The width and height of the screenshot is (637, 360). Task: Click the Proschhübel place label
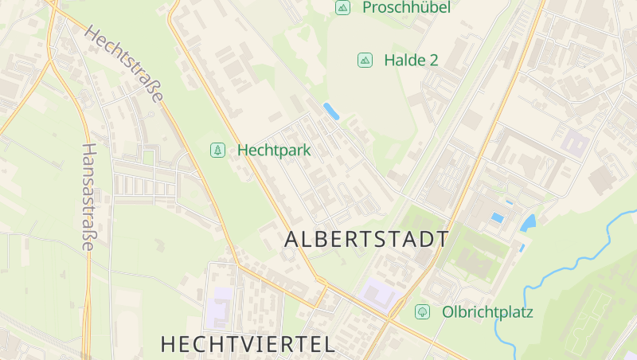pyautogui.click(x=406, y=8)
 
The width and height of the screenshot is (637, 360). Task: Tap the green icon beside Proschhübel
pyautogui.click(x=342, y=8)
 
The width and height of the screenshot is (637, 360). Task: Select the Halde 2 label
pyautogui.click(x=411, y=60)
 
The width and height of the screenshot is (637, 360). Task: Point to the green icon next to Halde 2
pyautogui.click(x=365, y=60)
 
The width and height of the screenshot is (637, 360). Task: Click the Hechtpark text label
pyautogui.click(x=274, y=150)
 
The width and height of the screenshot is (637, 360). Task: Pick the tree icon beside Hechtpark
pyautogui.click(x=217, y=150)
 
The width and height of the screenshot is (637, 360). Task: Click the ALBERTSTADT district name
pyautogui.click(x=366, y=239)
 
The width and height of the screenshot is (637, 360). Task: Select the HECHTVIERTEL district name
pyautogui.click(x=247, y=344)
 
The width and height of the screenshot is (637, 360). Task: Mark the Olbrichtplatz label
pyautogui.click(x=487, y=311)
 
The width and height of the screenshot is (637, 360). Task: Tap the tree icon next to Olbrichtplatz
pyautogui.click(x=422, y=311)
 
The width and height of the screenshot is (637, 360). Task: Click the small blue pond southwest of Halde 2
pyautogui.click(x=331, y=112)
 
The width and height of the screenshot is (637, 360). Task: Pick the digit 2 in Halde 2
pyautogui.click(x=433, y=60)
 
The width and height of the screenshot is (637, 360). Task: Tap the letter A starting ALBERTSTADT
pyautogui.click(x=292, y=239)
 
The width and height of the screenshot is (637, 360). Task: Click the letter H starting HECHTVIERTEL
pyautogui.click(x=169, y=344)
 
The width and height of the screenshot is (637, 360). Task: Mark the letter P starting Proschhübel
pyautogui.click(x=367, y=8)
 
